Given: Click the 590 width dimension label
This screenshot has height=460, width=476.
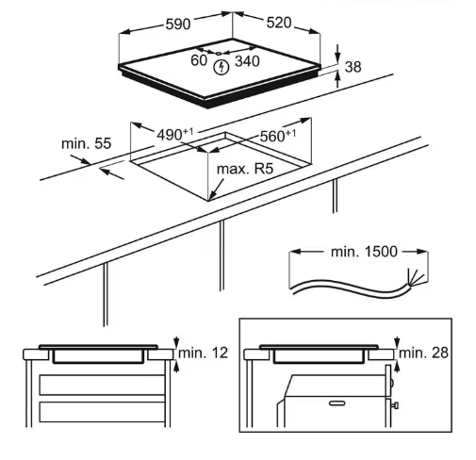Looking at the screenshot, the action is click(178, 24).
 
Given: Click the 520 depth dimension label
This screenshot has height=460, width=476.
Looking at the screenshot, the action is click(279, 23).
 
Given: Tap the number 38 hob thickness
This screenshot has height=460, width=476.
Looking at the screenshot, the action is click(353, 67).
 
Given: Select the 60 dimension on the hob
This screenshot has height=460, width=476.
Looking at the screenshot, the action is click(199, 60).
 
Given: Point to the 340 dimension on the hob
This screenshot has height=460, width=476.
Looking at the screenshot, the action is click(247, 61).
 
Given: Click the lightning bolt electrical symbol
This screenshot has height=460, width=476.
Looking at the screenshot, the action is click(222, 67).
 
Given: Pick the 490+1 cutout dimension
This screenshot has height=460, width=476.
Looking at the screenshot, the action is click(175, 135).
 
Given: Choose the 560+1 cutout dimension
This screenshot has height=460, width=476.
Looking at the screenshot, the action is click(278, 136).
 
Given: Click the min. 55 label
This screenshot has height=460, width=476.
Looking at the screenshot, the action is click(86, 143).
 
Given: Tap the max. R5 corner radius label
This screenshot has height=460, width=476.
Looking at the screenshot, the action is click(245, 169).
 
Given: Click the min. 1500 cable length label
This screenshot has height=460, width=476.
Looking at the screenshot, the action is click(364, 252).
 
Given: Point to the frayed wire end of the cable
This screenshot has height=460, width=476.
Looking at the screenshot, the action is click(417, 277).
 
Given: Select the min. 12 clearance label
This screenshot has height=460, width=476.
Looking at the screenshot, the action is click(203, 353).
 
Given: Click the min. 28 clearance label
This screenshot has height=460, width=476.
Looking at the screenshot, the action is click(423, 353).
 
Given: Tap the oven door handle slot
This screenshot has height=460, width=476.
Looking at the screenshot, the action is click(336, 403).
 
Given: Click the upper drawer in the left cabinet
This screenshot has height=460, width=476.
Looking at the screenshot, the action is click(102, 385).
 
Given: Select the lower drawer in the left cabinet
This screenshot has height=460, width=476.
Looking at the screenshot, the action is click(102, 412).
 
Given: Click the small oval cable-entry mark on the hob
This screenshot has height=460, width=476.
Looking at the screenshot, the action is click(219, 54).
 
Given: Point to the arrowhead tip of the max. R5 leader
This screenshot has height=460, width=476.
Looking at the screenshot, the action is click(209, 200).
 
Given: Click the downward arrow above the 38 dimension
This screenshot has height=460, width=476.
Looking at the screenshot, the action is click(337, 53).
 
